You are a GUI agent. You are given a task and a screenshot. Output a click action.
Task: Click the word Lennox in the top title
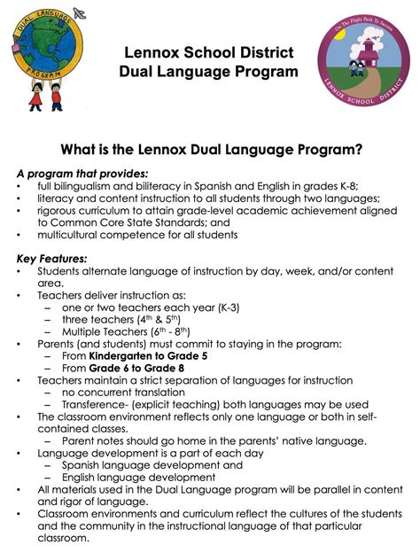tap(152, 54)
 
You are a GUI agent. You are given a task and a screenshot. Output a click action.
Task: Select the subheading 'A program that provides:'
tap(83, 174)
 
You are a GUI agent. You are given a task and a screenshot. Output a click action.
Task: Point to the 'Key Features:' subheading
tap(52, 258)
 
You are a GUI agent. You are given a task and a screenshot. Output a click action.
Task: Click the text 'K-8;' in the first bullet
tap(365, 187)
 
